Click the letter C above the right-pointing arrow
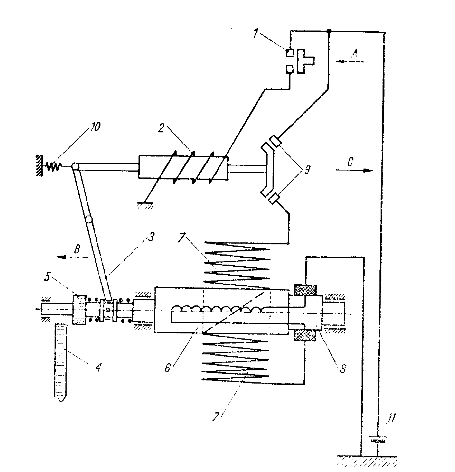350,162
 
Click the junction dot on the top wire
329,31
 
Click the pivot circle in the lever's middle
88,219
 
